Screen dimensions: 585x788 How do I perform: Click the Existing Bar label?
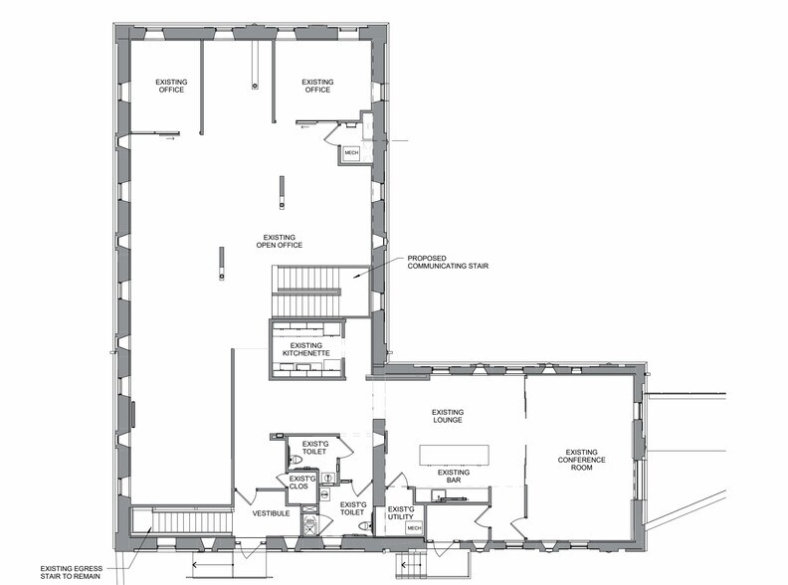click(453, 477)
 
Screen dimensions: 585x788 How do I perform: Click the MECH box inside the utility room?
click(416, 528)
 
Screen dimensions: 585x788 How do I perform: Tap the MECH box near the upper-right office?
click(351, 152)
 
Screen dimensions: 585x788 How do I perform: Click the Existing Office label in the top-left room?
click(172, 87)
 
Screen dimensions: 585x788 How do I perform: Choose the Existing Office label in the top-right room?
click(317, 87)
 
